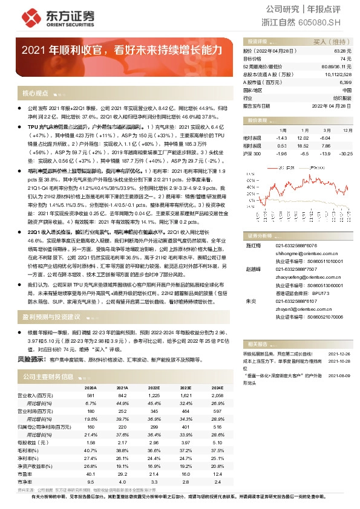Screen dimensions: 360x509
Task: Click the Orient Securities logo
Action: coord(46,16)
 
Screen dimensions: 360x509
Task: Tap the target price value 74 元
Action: coord(345,59)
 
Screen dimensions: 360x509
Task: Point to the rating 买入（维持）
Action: coord(332,42)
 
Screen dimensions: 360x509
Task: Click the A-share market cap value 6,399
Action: coord(345,82)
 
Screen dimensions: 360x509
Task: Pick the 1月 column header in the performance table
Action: coord(283,130)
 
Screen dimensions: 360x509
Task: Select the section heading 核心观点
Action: coord(35,94)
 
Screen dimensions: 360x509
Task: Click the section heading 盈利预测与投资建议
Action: coord(51,317)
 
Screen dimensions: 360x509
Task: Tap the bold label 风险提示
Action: coord(32,359)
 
